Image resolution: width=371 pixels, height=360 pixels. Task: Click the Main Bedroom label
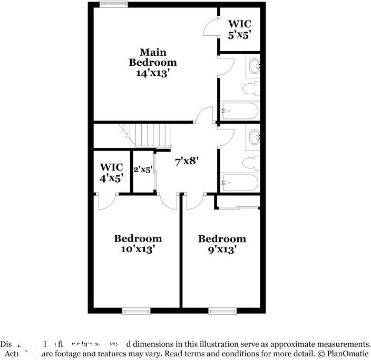point(153,57)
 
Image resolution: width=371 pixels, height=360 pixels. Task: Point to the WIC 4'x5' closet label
point(111,172)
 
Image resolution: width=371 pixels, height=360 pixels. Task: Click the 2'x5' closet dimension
point(143,169)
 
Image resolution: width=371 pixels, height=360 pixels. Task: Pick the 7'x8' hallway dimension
point(186,161)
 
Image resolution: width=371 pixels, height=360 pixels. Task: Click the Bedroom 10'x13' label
point(138,244)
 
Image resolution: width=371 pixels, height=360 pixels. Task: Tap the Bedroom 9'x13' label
point(222,244)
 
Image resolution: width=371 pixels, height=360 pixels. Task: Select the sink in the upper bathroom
point(256,66)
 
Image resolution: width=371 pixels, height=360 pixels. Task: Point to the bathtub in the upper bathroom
point(240,111)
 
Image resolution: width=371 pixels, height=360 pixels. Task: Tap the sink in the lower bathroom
point(256,137)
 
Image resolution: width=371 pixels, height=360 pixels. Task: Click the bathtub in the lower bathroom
point(240,183)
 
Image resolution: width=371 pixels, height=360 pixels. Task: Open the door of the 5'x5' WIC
point(210,27)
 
